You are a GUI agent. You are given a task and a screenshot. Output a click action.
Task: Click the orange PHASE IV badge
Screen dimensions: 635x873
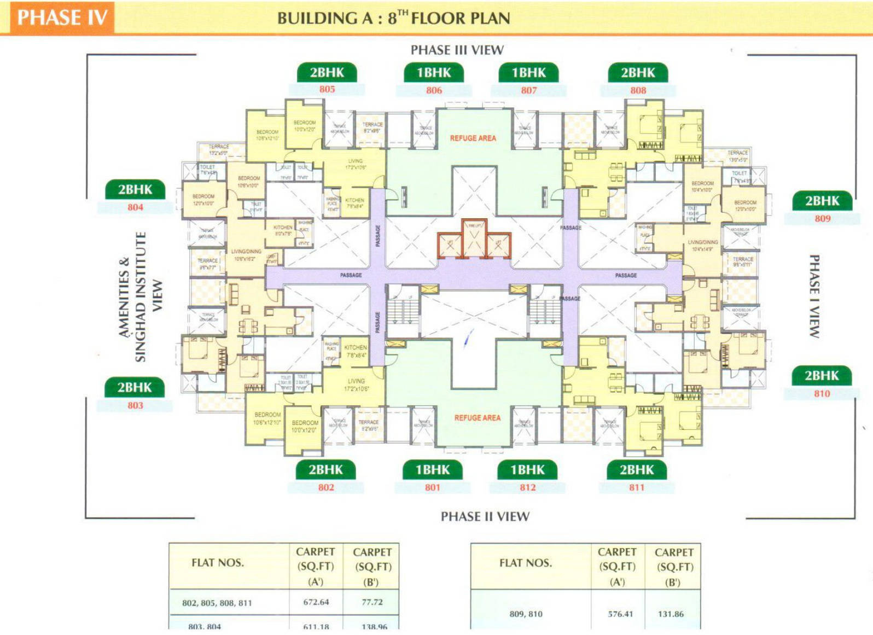coord(62,18)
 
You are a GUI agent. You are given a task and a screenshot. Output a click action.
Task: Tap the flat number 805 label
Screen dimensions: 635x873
coord(327,89)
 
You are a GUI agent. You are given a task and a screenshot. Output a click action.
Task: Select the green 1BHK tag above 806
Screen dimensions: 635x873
coord(434,72)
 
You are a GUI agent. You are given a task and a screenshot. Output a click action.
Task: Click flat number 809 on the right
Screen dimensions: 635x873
coord(822,218)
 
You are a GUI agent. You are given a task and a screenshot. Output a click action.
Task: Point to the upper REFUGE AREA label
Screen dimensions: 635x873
coord(473,138)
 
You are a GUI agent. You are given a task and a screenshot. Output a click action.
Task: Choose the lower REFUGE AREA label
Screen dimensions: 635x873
coord(477,418)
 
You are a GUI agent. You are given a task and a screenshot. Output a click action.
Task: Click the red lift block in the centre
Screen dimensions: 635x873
coord(474,239)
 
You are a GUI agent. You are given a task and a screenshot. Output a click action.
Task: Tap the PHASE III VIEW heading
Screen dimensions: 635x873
coord(457,50)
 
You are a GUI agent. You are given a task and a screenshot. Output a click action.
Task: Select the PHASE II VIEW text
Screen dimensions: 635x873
coord(485,516)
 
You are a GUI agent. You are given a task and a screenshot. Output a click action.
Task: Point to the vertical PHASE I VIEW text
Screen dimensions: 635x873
coord(814,296)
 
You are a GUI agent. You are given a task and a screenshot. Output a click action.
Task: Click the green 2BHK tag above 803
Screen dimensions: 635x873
coord(135,387)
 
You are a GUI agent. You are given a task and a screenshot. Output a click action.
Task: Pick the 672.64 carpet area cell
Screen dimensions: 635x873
coord(316,602)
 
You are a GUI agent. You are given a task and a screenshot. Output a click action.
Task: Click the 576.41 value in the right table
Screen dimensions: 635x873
coord(620,614)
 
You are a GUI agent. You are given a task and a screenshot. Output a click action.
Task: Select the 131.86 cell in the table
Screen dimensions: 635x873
coord(671,614)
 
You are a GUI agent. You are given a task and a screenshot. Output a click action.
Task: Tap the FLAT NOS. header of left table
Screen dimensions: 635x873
coord(217,563)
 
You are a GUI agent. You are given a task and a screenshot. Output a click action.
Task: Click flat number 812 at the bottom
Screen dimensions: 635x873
coord(527,487)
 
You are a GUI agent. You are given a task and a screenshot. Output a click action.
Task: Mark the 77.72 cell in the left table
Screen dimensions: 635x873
coord(372,602)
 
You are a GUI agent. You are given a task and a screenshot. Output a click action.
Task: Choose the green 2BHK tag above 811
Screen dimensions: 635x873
coord(637,470)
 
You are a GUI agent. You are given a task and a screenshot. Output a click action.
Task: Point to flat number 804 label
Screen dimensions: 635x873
coord(135,207)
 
